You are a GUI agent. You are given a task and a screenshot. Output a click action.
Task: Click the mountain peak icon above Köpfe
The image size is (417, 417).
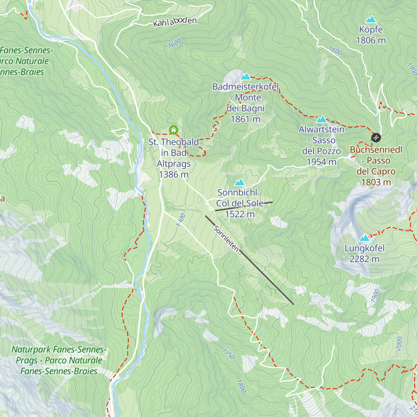pyautogui.click(x=371, y=19)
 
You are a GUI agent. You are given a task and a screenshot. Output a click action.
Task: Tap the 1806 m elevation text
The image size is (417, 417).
pyautogui.click(x=371, y=40)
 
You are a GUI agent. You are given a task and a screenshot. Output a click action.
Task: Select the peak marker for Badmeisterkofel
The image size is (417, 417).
pyautogui.click(x=246, y=76)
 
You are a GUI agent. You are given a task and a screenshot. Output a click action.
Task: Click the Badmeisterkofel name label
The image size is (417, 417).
pyautogui.click(x=246, y=87)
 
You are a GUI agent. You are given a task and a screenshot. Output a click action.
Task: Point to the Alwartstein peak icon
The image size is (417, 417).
pyautogui.click(x=321, y=119)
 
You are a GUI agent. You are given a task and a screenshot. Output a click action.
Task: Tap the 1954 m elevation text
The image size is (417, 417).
pyautogui.click(x=321, y=162)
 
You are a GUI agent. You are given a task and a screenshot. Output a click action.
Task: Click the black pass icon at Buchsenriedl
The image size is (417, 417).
pyautogui.click(x=376, y=138)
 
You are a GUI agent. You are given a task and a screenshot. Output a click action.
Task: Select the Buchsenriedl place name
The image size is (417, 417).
pyautogui.click(x=376, y=150)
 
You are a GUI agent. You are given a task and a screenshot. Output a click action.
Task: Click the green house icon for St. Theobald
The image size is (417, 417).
pyautogui.click(x=173, y=130)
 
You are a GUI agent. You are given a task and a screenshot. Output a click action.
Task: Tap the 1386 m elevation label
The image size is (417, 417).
pyautogui.click(x=173, y=174)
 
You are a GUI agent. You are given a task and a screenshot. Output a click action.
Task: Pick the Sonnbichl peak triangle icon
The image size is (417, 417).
pyautogui.click(x=239, y=182)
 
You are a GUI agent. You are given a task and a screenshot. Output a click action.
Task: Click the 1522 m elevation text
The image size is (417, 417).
pyautogui.click(x=240, y=214)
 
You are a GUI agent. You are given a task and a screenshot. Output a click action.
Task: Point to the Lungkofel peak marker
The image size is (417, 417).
pyautogui.click(x=365, y=238)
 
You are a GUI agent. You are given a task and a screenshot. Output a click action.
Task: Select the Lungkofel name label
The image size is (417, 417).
pyautogui.click(x=365, y=248)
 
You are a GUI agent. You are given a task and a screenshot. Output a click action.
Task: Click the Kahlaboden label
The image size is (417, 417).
pyautogui.click(x=175, y=22)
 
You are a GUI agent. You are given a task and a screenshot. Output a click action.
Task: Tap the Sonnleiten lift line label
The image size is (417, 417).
pyautogui.click(x=226, y=239)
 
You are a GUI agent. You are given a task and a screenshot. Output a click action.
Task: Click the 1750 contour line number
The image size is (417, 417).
pyautogui.click(x=228, y=354)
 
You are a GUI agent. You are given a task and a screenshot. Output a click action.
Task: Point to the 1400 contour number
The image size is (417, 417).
pyautogui.click(x=181, y=220)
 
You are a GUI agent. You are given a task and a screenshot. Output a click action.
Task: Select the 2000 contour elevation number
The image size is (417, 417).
pyautogui.click(x=399, y=343)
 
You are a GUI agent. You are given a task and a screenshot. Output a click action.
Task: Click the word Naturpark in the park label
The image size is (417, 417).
pyautogui.click(x=32, y=349)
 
